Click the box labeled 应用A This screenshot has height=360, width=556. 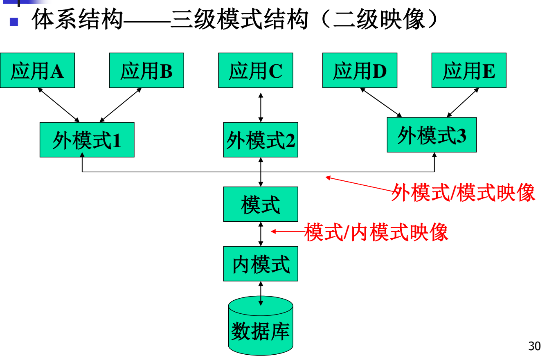pos(37,70)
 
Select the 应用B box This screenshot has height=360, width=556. pos(146,70)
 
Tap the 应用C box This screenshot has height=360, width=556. pos(256,70)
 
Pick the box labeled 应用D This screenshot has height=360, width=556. pos(360,70)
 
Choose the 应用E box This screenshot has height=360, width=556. pos(469,70)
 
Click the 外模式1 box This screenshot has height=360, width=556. pos(87,140)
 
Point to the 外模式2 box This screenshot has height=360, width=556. pos(261,140)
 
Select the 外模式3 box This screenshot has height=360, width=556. pos(432,135)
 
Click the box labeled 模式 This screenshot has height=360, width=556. pos(261,204)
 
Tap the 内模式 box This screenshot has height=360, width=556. pos(261,264)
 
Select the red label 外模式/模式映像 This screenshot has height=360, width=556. pos(463,192)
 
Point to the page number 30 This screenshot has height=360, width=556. pos(534,346)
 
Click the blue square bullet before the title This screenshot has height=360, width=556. pos(14,21)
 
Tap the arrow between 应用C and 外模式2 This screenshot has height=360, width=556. pos(261,108)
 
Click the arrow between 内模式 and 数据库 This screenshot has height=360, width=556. pos(261,293)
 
